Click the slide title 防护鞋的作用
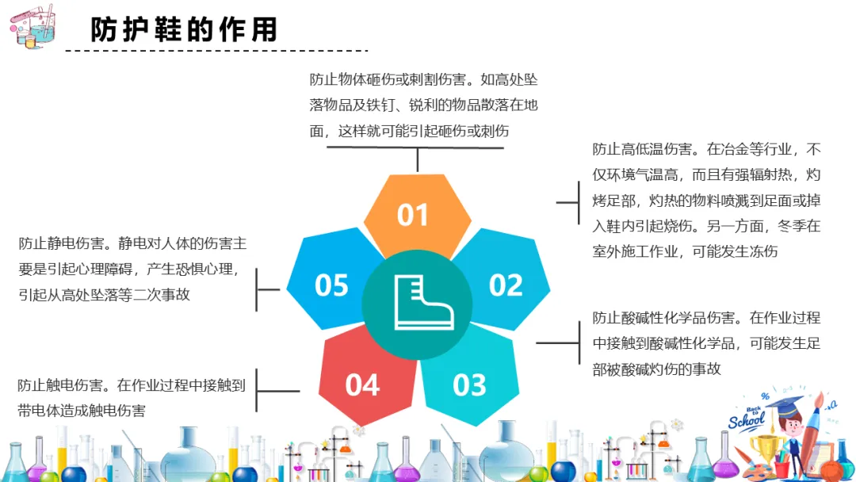[x=184, y=30]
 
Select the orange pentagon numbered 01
[x=413, y=214]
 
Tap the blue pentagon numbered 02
[x=505, y=284]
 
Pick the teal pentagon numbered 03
[x=469, y=384]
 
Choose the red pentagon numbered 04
[x=363, y=384]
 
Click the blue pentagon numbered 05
[x=331, y=284]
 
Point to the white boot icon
[x=423, y=302]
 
